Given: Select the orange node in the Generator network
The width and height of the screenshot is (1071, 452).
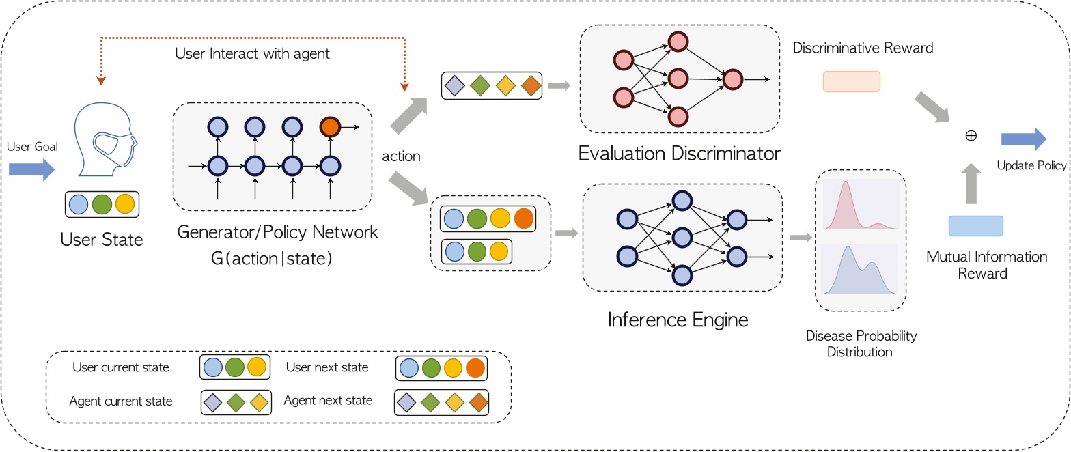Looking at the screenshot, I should (x=330, y=127).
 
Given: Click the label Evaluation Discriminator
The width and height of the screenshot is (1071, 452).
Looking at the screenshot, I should (x=679, y=153).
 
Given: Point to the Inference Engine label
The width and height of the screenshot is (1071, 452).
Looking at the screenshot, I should (x=678, y=320).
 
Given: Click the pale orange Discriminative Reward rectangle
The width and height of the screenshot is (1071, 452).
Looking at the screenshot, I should (x=851, y=81).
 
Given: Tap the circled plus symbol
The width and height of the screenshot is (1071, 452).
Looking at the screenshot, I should (x=971, y=136).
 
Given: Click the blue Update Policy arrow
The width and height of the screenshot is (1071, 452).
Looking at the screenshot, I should (x=1023, y=139).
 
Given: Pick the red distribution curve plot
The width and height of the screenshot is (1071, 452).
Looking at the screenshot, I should (x=860, y=204).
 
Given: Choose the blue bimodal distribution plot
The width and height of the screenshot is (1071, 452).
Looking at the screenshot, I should (x=860, y=270).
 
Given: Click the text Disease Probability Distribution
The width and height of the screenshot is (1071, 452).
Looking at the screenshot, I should (x=861, y=344).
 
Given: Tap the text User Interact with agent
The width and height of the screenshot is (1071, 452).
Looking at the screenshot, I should (x=252, y=53).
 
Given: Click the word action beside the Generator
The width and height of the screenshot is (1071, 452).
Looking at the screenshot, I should (x=401, y=156).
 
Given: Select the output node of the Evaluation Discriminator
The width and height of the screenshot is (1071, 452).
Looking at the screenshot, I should (x=732, y=80).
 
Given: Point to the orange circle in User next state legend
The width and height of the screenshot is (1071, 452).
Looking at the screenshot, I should (x=475, y=369).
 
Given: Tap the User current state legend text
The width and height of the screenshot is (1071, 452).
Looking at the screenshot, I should (x=121, y=368).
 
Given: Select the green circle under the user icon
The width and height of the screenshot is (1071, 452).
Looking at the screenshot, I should (x=102, y=204).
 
